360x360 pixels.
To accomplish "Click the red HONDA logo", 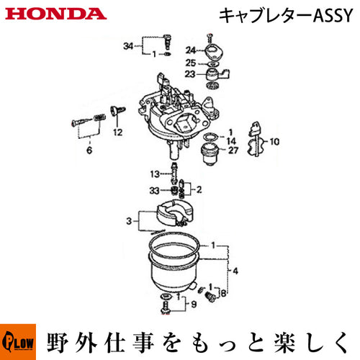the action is coord(55,14).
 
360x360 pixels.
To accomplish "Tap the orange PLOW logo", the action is coord(18,342).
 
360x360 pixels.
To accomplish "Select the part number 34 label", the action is coord(128,45).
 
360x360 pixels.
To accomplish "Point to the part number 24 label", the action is coord(191,50).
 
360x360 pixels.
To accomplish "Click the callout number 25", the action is coord(191,63).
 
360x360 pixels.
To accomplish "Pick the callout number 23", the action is coord(190,74).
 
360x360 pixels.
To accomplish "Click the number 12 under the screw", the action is coord(118,132).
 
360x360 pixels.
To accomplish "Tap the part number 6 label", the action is coord(89,150).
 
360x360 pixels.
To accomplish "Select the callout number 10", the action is coord(274,142).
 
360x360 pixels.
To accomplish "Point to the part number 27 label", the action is coord(233,150).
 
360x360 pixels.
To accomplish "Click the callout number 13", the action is coord(155,174).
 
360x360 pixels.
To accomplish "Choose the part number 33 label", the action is coord(154,191).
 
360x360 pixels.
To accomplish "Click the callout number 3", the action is coord(129,221).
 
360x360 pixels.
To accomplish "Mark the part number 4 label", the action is coord(235,271).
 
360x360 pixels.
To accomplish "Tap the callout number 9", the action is coord(194,305).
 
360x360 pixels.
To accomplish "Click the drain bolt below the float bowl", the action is coord(166,307).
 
